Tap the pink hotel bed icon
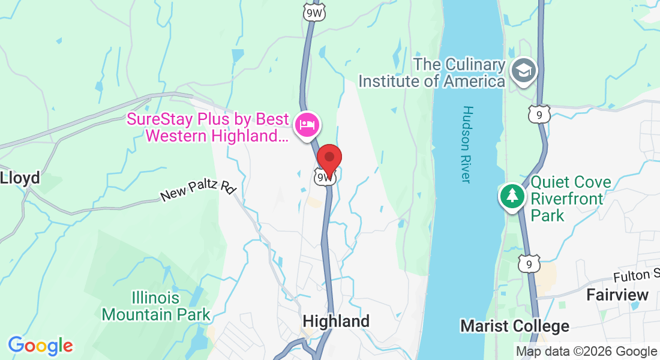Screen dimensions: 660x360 307,125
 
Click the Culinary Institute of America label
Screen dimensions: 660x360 431,73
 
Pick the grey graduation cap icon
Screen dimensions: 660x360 524,71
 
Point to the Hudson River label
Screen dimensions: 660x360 468,145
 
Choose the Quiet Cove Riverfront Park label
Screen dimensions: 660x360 571,199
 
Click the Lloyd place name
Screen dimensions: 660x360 20,178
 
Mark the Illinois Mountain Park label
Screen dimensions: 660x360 156,306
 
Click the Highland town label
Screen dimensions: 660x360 336,321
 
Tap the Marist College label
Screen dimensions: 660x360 514,326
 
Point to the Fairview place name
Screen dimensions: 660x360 617,295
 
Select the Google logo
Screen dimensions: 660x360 40,346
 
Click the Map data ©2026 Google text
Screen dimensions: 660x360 586,352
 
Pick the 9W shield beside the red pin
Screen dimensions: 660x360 323,177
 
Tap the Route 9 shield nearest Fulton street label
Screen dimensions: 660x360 528,263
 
